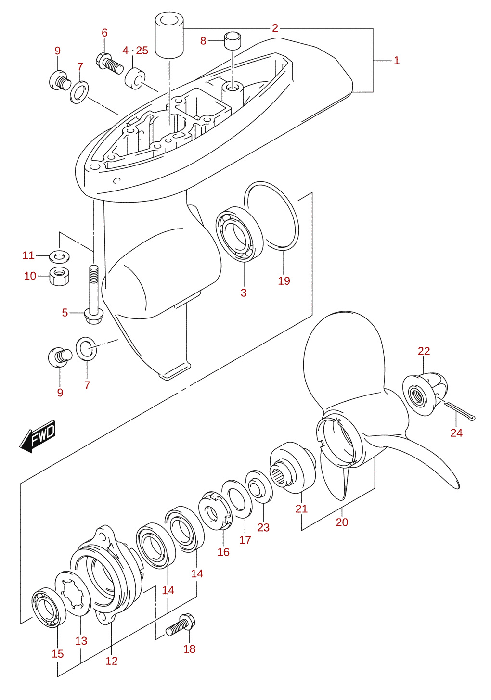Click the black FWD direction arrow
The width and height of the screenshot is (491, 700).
[38, 436]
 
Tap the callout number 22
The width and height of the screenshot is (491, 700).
[424, 351]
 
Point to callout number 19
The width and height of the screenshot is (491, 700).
[284, 280]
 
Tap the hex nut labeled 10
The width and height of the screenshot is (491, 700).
[59, 276]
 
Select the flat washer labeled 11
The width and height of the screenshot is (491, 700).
[59, 256]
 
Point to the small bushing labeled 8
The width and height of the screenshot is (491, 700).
[233, 40]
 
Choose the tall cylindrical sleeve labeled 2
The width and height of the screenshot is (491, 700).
[169, 35]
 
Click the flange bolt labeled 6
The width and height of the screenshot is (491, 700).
[110, 64]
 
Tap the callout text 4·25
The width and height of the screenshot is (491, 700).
[135, 51]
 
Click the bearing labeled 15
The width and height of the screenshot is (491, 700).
[49, 607]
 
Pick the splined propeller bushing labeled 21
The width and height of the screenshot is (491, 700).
[293, 468]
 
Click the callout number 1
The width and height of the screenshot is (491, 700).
[396, 61]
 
